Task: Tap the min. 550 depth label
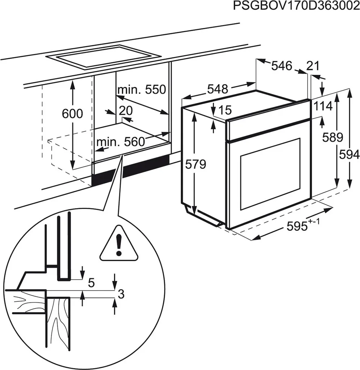point(141,89)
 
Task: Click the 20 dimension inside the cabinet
point(126,110)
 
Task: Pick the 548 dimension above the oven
point(218,89)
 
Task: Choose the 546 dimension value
point(281,66)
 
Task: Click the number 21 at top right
point(313,66)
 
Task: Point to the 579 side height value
point(196,164)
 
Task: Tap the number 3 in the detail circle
point(121,294)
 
